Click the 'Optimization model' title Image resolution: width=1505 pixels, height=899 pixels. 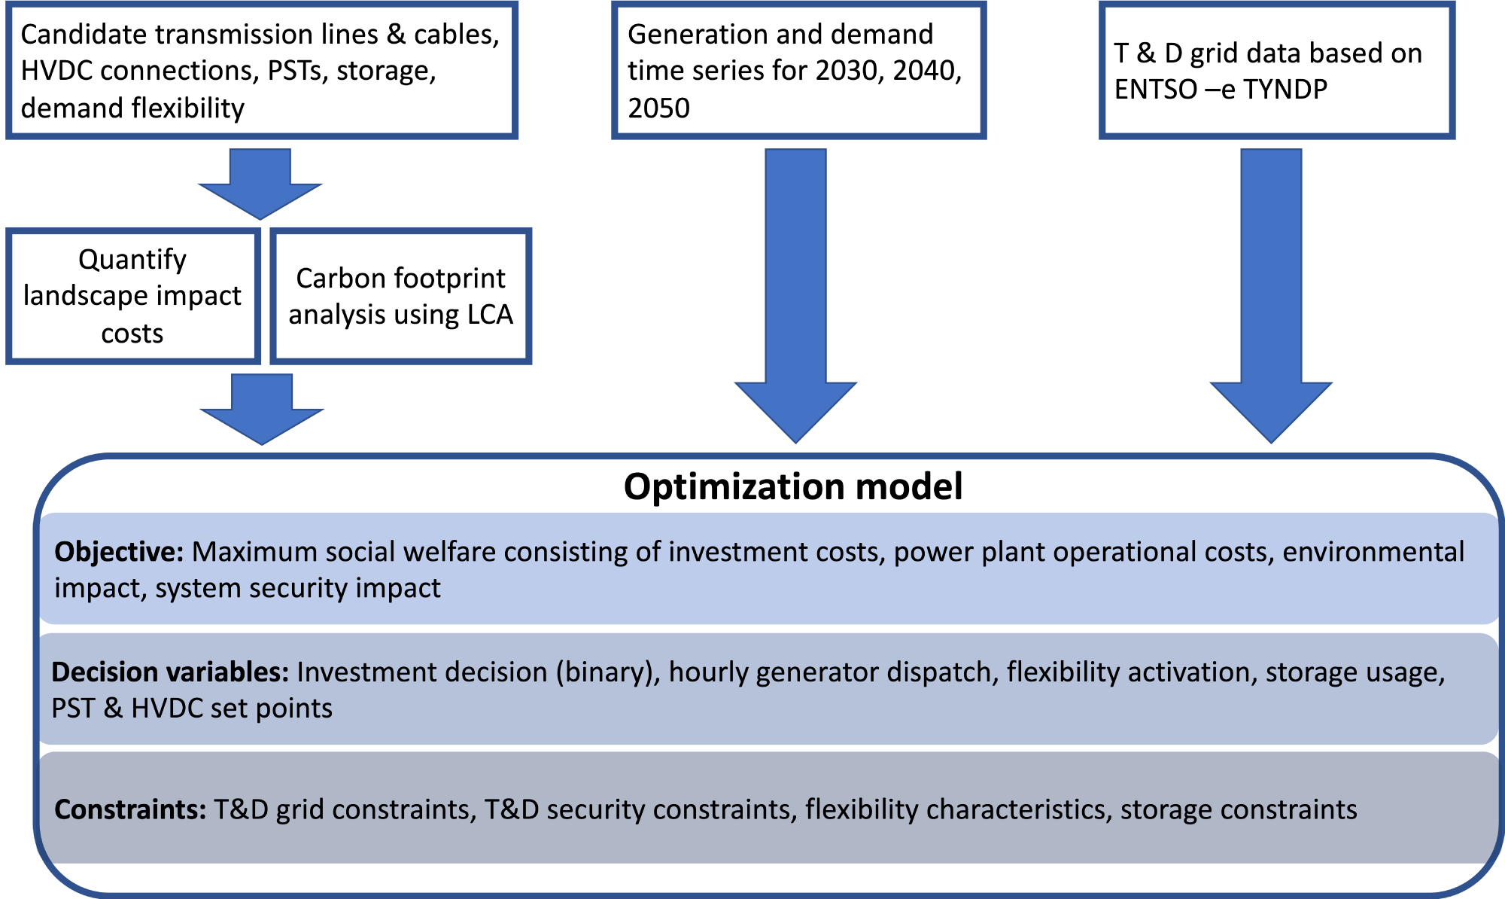(x=793, y=487)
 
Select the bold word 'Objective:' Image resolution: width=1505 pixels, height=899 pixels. (x=119, y=553)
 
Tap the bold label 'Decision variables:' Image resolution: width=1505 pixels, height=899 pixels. (x=170, y=672)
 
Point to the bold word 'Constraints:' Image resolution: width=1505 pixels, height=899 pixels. (x=130, y=809)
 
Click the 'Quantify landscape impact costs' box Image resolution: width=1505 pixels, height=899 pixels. (x=133, y=296)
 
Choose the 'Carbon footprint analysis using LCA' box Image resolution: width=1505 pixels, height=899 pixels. (x=401, y=296)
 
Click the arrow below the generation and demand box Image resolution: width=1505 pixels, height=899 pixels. (x=795, y=295)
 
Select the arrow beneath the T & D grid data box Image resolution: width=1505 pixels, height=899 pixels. (x=1271, y=295)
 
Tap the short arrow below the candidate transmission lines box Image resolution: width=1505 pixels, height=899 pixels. (x=260, y=184)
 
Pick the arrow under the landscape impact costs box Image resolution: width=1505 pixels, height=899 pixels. (x=262, y=409)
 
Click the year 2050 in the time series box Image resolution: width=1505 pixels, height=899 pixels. (x=658, y=108)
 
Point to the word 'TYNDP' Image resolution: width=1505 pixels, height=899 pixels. (x=1285, y=90)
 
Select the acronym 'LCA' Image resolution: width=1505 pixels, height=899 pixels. (x=489, y=315)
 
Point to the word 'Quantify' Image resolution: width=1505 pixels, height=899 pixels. (x=132, y=260)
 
